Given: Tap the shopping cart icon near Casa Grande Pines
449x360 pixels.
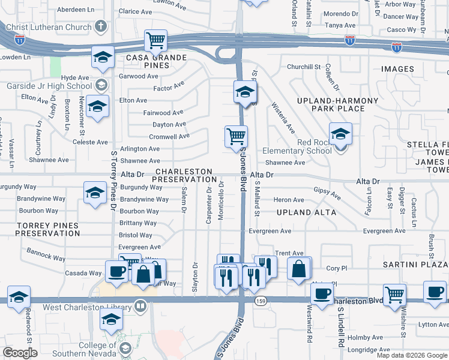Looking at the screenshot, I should coord(155,41).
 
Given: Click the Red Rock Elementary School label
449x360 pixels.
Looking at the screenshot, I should coord(297,151).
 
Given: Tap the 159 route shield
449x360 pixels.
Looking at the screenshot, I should coord(260,300).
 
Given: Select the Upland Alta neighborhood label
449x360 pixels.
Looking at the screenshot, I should coord(307,212).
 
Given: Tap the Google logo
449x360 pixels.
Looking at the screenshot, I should coord(20,353).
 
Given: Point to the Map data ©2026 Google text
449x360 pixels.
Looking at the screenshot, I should coord(412,355).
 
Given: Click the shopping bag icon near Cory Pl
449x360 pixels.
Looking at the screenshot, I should coord(299,269).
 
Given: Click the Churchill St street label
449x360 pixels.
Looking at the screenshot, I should coord(305,67).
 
